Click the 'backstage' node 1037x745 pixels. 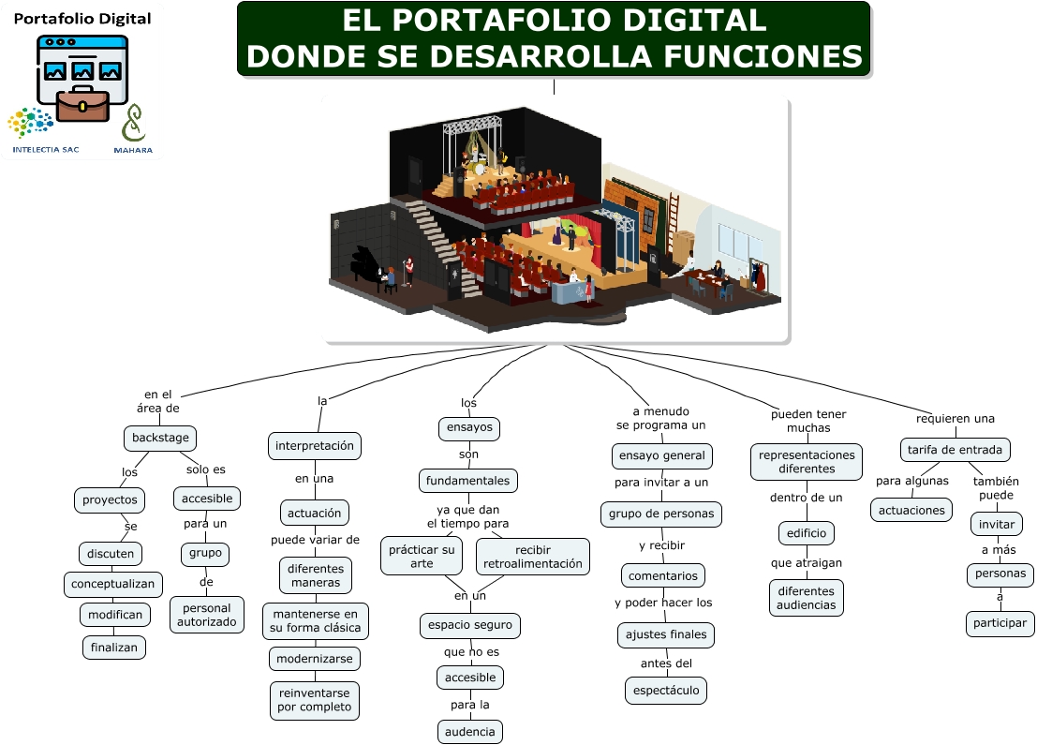pyautogui.click(x=160, y=438)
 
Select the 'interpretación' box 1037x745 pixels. pyautogui.click(x=315, y=446)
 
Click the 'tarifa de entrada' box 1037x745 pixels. pyautogui.click(x=955, y=450)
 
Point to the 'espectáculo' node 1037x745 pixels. pyautogui.click(x=666, y=691)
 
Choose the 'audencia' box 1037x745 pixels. pyautogui.click(x=469, y=731)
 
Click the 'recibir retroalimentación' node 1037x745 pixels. pyautogui.click(x=532, y=557)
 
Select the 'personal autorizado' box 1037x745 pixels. pyautogui.click(x=207, y=614)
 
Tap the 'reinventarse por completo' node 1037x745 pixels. pyautogui.click(x=314, y=700)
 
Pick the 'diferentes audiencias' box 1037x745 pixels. pyautogui.click(x=805, y=598)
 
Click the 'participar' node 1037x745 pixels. pyautogui.click(x=1000, y=623)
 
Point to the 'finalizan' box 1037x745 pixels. pyautogui.click(x=113, y=647)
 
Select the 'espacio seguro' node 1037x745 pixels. pyautogui.click(x=469, y=625)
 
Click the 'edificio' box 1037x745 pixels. pyautogui.click(x=806, y=533)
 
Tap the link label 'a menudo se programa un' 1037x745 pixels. pyautogui.click(x=660, y=418)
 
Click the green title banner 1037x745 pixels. pyautogui.click(x=554, y=39)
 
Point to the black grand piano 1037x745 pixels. pyautogui.click(x=369, y=265)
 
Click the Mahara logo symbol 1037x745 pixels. pyautogui.click(x=134, y=123)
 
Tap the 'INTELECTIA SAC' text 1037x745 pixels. pyautogui.click(x=45, y=149)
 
